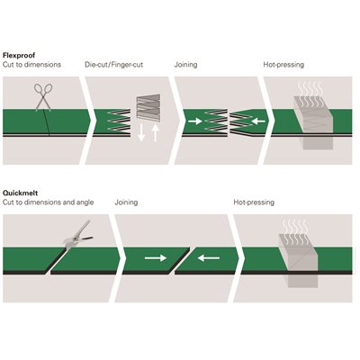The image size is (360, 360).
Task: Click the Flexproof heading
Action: pos(19,56)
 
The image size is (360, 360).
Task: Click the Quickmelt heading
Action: pos(21,193)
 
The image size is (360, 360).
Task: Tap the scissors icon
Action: pos(43,97)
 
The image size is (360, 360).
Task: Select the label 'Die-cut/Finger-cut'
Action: pos(114,65)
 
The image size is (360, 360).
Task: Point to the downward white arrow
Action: pos(141,132)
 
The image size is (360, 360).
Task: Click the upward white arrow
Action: pos(155,132)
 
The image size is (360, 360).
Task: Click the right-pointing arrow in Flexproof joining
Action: pos(195,121)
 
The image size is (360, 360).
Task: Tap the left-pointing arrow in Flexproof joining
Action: pos(258,121)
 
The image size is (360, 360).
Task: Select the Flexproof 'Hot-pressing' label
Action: pos(283,65)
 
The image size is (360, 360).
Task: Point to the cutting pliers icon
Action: pos(77,235)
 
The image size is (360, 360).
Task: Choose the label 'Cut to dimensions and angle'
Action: pos(49,202)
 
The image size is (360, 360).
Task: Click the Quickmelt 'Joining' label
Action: pos(126,202)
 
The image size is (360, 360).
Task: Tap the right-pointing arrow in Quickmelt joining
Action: pos(156,257)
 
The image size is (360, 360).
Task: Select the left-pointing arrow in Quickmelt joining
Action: pos(209,257)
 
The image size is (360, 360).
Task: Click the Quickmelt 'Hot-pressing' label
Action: pos(254,202)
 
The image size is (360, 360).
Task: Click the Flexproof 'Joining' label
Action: pos(185,65)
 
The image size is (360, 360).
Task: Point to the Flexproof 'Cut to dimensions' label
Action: pos(31,65)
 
